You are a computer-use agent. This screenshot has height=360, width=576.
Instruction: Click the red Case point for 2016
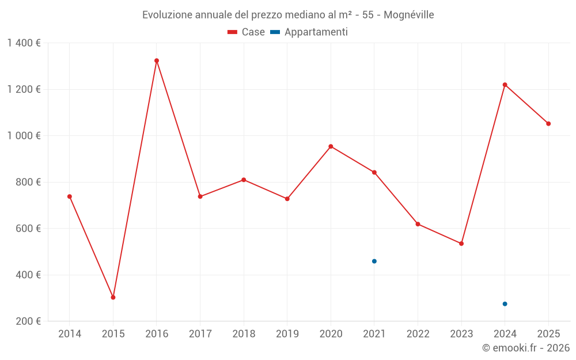157,60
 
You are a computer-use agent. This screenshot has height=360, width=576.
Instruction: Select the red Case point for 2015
113,297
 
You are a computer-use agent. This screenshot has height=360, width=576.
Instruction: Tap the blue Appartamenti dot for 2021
374,261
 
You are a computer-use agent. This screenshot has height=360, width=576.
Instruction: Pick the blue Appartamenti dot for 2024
505,304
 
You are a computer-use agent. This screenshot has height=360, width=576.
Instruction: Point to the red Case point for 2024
505,85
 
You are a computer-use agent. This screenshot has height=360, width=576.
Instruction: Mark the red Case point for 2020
331,146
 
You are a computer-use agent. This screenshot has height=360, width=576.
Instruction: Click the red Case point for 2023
461,244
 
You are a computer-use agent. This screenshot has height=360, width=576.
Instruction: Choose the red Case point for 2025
548,123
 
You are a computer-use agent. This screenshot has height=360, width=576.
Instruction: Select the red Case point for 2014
70,196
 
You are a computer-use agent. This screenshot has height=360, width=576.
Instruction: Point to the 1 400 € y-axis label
24,43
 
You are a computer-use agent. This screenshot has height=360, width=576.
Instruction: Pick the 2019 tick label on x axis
287,334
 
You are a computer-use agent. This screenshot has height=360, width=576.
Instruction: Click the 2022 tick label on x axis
418,334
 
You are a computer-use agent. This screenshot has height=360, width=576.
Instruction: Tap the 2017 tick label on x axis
200,334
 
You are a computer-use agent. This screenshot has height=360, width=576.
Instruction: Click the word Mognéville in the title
408,15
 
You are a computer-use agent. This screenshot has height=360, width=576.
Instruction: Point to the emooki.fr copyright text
526,348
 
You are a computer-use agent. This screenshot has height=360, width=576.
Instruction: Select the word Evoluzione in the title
167,15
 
